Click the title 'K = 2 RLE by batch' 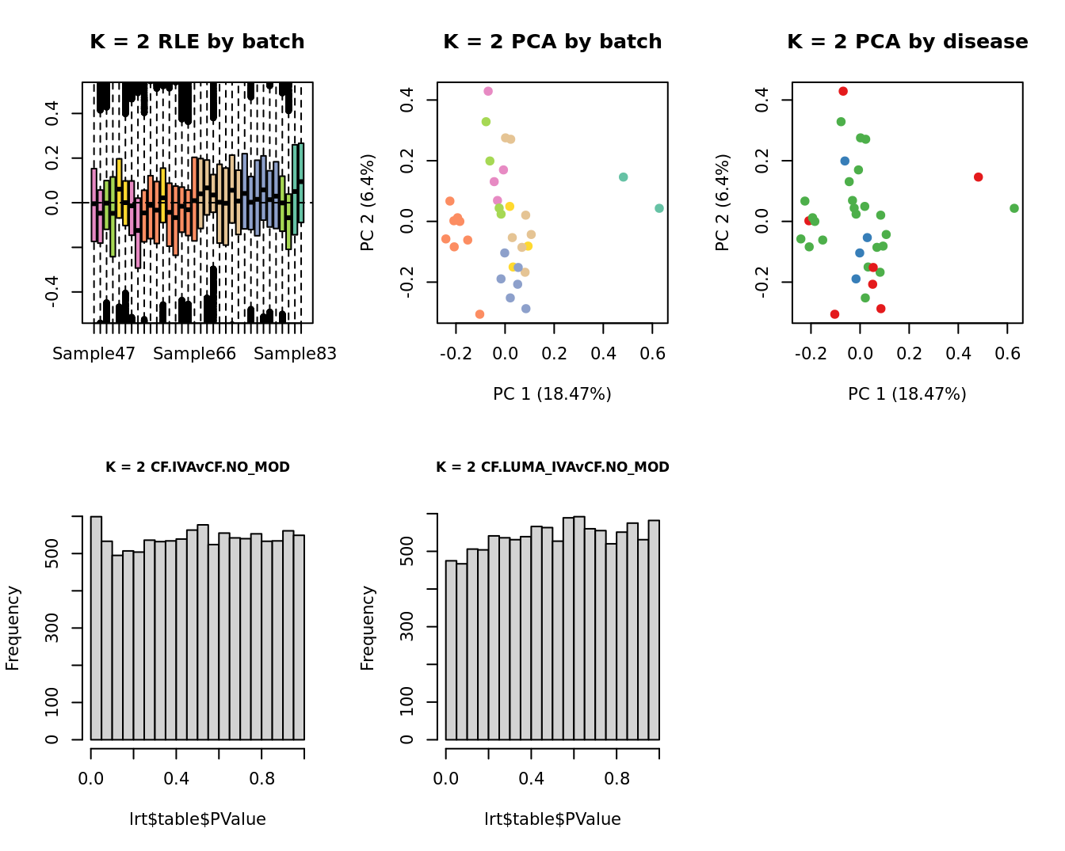click(x=197, y=42)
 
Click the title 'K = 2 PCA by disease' click(x=907, y=42)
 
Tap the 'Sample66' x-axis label click(x=194, y=354)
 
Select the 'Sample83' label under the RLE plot click(x=295, y=354)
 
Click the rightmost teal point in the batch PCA click(x=659, y=208)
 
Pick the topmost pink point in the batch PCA click(x=488, y=91)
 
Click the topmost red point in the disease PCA click(x=843, y=91)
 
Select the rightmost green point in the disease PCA click(x=1014, y=208)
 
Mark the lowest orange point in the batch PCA click(x=479, y=314)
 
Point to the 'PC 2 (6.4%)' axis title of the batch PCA click(x=368, y=203)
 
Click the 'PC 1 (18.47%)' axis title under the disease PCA click(x=907, y=394)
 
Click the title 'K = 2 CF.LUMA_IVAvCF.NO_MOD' click(x=552, y=467)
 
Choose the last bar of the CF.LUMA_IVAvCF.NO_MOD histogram click(x=654, y=629)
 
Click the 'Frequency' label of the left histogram click(x=13, y=628)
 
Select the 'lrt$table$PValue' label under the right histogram click(x=552, y=819)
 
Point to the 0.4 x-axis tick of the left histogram click(x=177, y=779)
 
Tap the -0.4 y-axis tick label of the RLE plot click(x=52, y=291)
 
